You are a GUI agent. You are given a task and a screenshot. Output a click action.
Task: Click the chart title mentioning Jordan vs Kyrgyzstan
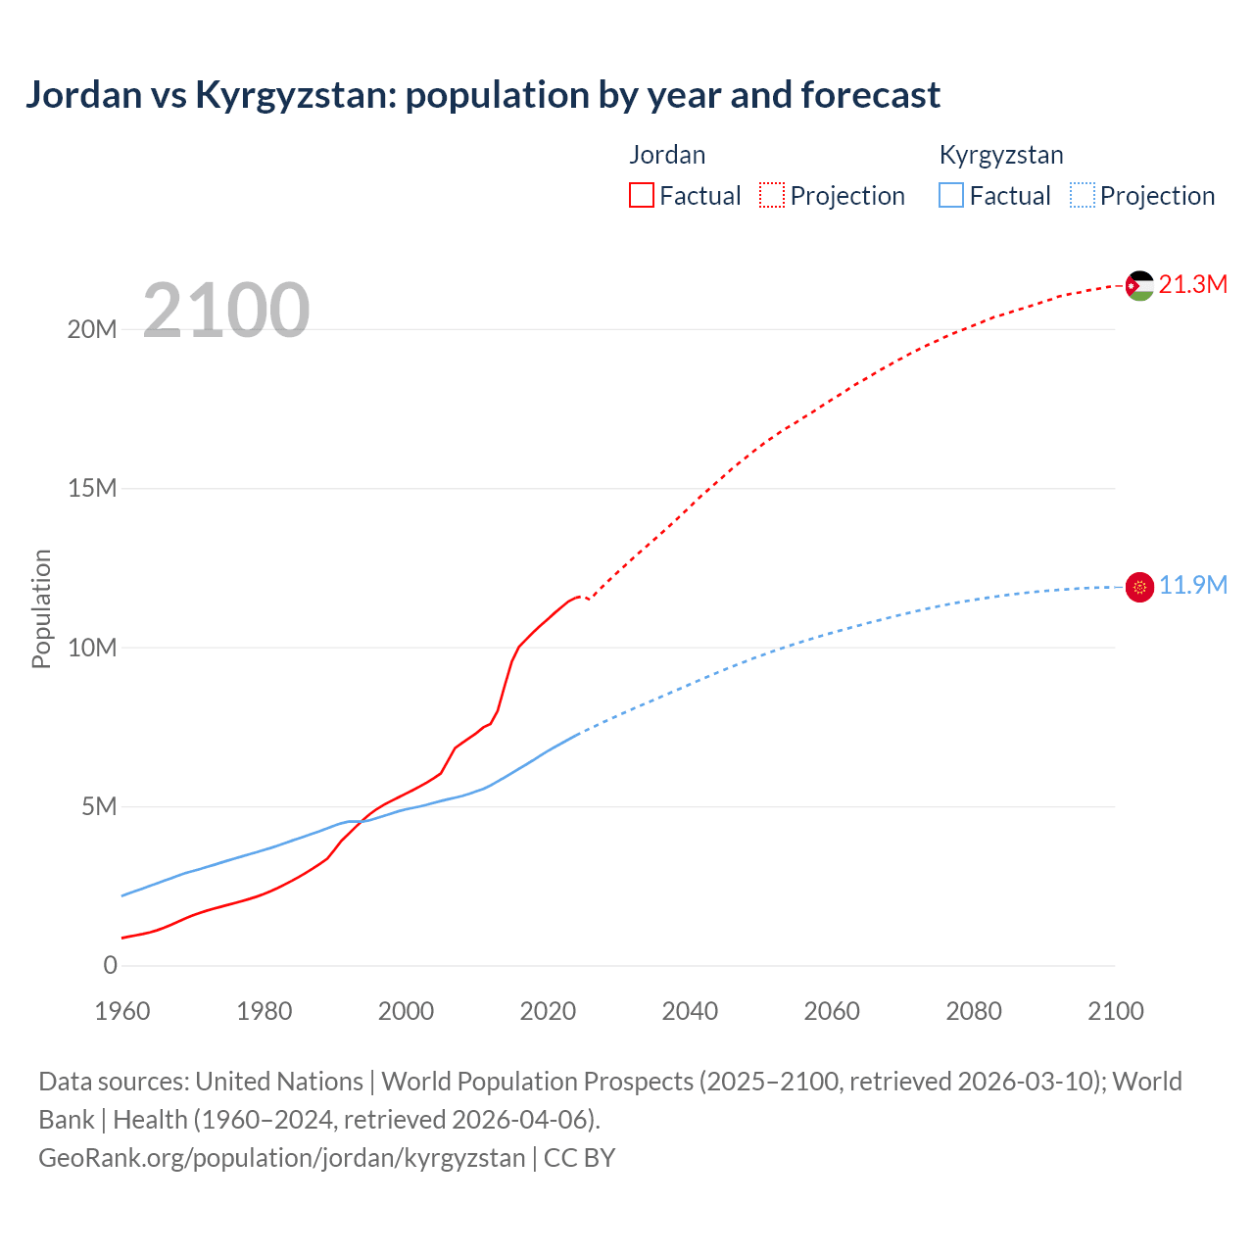click(482, 95)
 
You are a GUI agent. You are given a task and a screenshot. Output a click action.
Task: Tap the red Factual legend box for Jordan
click(641, 195)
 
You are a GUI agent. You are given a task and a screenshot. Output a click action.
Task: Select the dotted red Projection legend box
click(772, 195)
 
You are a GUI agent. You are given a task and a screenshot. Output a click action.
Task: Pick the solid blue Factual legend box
click(951, 195)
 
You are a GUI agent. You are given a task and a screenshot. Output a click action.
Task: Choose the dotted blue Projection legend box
click(1083, 195)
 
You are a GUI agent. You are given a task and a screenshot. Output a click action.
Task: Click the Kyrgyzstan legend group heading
click(1000, 155)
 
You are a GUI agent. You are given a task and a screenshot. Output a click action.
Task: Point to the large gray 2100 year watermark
click(226, 311)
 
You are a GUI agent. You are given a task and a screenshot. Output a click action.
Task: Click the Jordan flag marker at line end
click(1139, 286)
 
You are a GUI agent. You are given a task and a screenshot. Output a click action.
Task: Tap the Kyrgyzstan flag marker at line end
click(1139, 587)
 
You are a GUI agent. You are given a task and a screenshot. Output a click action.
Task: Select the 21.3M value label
click(1192, 284)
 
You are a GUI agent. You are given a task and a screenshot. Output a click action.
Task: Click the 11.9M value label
click(1192, 585)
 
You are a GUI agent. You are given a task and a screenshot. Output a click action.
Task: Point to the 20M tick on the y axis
click(92, 329)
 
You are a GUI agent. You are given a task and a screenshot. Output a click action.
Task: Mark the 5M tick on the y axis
click(99, 806)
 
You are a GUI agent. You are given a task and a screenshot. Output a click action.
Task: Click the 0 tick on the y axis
click(110, 965)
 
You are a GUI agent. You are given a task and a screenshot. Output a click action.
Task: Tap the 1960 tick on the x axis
click(122, 1011)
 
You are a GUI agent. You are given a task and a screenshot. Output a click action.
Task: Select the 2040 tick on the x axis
click(690, 1011)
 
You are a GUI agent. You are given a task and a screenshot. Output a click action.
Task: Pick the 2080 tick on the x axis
click(974, 1011)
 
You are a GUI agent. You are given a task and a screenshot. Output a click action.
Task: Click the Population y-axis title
click(41, 608)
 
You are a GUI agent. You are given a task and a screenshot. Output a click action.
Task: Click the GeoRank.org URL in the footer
click(282, 1158)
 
